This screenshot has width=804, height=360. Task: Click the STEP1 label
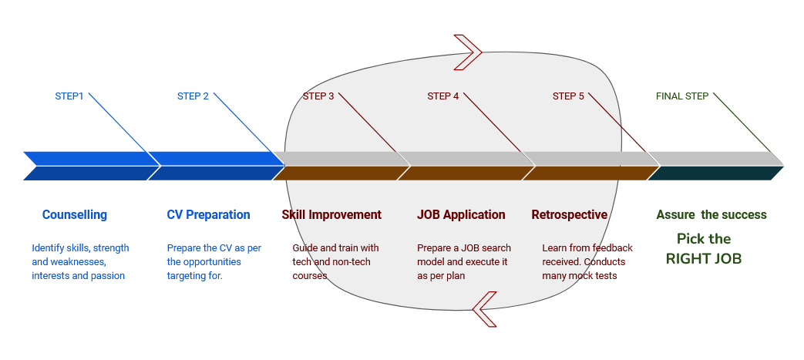[69, 96]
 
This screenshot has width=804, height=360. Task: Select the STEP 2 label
[193, 96]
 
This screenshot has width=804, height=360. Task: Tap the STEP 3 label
[318, 96]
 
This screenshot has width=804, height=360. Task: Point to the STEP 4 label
[443, 96]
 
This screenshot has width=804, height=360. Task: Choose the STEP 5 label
[568, 96]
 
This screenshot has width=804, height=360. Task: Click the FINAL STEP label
[682, 96]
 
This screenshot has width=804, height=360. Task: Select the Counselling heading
[75, 215]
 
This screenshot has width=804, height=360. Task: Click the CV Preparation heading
[208, 215]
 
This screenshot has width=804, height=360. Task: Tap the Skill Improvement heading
[331, 215]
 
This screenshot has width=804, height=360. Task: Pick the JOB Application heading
[461, 215]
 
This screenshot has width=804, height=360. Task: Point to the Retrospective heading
[569, 215]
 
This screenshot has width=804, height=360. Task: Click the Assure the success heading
[711, 215]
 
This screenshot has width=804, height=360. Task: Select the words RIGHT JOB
[704, 259]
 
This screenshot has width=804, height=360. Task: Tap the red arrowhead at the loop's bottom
[484, 309]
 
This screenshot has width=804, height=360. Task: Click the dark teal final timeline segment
[715, 173]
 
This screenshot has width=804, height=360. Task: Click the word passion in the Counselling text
[109, 276]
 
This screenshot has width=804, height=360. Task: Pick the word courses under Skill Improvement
[311, 276]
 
